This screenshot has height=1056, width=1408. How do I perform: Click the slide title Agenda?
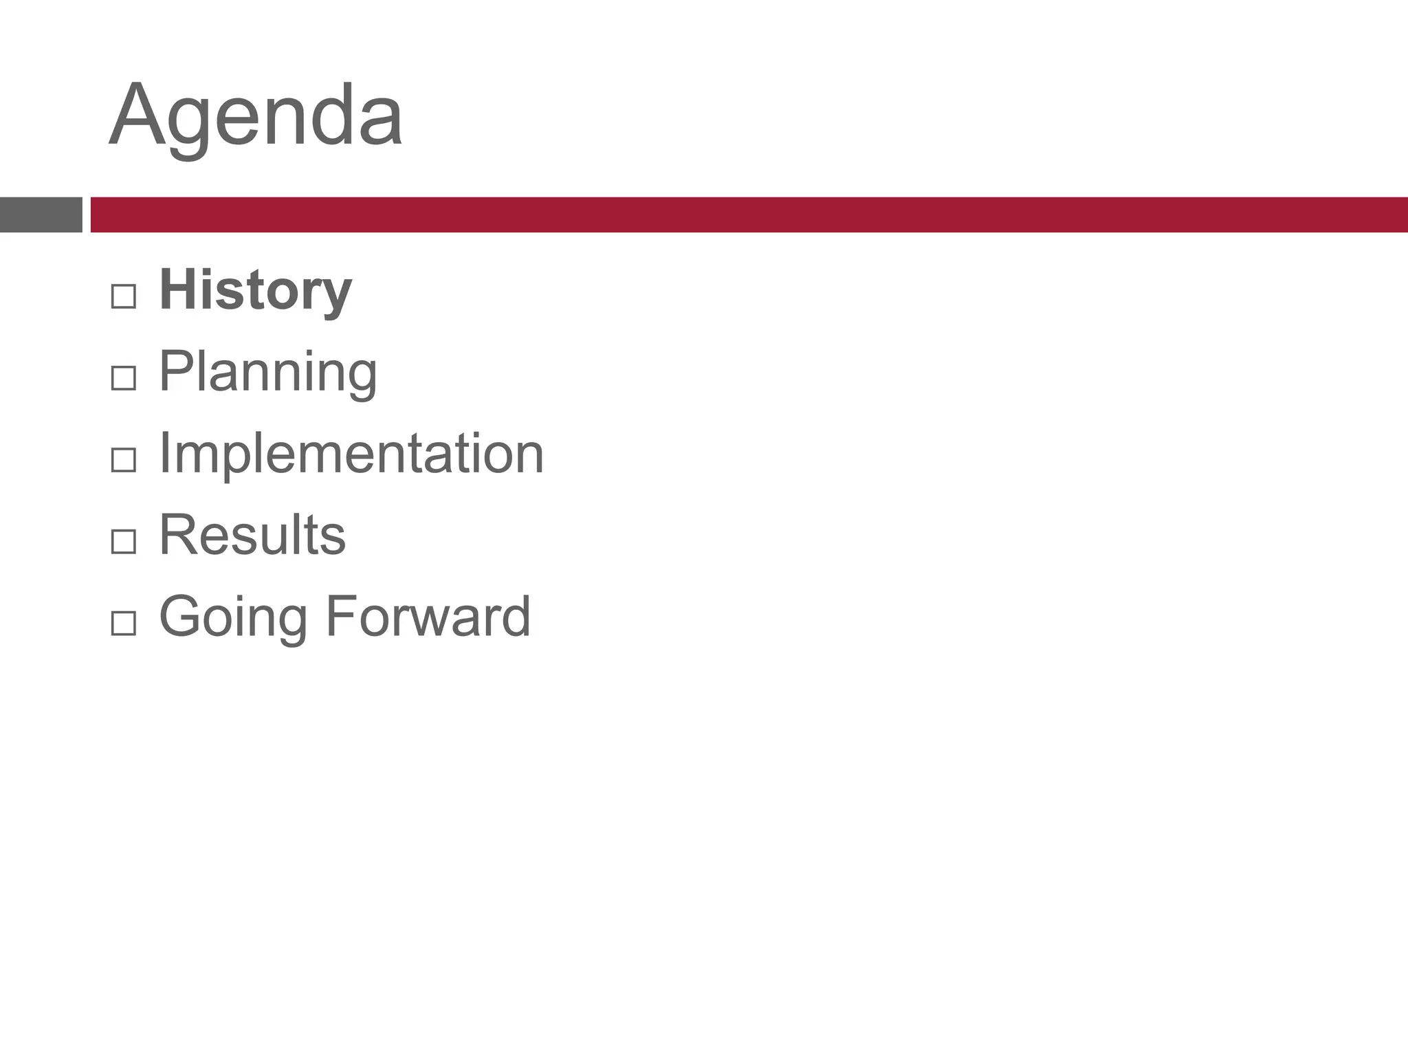(256, 115)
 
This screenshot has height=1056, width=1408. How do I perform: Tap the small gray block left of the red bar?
(41, 214)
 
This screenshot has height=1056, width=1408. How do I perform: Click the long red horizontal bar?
(748, 214)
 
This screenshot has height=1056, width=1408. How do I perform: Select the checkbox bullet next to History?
(123, 296)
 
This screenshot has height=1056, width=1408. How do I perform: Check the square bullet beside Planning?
(123, 378)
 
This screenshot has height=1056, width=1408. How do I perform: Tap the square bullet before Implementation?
(123, 460)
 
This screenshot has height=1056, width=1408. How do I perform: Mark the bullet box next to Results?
(123, 542)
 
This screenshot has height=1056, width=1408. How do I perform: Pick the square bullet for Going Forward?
(123, 624)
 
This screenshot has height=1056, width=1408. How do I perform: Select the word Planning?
(267, 373)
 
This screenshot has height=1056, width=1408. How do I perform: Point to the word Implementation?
(351, 454)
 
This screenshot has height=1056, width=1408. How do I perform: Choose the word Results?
(252, 535)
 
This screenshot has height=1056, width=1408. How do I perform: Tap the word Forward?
(428, 616)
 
